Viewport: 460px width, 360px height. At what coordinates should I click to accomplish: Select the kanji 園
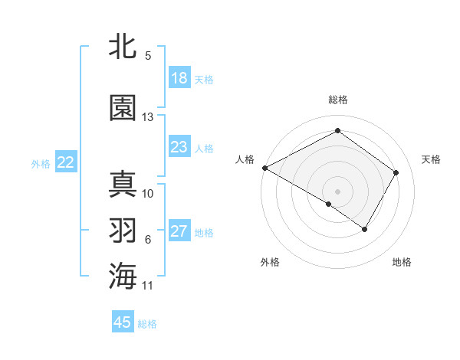122,108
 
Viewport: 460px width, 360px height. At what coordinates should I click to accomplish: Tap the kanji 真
122,185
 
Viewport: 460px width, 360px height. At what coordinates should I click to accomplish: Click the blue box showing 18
179,78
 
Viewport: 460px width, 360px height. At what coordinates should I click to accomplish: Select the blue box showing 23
179,147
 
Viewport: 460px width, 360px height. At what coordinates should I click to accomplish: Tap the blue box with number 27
179,231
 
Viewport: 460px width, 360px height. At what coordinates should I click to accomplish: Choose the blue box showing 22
66,162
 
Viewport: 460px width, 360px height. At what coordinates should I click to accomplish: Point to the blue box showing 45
123,322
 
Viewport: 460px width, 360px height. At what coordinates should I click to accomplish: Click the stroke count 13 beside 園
148,117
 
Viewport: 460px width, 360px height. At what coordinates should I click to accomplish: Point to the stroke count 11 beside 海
148,286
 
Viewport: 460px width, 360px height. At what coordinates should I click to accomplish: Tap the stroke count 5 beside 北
148,56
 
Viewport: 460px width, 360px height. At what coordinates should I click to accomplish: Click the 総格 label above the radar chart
338,100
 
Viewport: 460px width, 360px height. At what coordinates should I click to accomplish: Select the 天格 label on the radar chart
431,159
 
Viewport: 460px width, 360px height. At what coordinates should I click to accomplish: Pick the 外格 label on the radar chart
270,262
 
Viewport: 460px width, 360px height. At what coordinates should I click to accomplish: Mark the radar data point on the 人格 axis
264,168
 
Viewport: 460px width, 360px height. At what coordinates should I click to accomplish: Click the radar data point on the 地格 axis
365,229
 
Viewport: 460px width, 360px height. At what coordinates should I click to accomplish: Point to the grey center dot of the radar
337,191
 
